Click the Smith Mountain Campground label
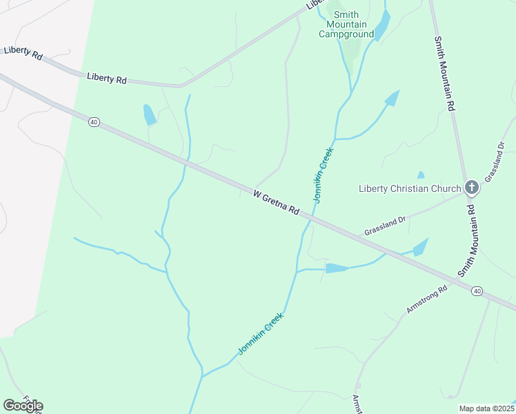[346, 24]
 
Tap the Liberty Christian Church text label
[410, 188]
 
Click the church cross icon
[471, 187]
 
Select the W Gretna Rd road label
[276, 203]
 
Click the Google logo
[23, 405]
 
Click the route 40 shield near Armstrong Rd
[477, 291]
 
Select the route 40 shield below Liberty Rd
[94, 122]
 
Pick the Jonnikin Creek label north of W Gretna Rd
[323, 175]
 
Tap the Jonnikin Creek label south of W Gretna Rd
[261, 333]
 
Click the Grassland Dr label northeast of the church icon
[495, 161]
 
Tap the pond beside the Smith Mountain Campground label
[382, 26]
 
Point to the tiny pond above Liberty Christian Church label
[420, 175]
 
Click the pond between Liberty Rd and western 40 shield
[149, 115]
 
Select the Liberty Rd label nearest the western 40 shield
[106, 79]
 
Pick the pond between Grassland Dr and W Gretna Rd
[419, 247]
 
